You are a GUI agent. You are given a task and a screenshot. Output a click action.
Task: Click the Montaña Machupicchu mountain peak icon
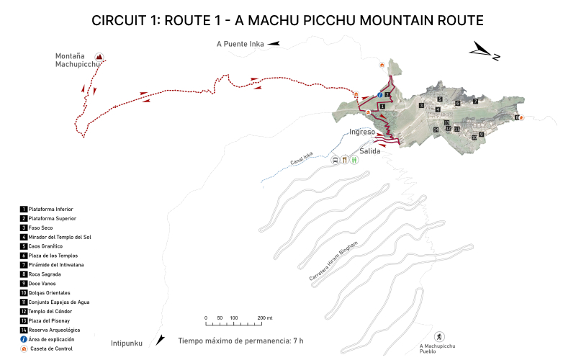(x=99, y=57)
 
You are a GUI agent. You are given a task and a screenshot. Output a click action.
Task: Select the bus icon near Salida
(x=336, y=161)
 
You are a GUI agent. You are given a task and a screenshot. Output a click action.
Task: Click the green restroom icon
(x=355, y=161)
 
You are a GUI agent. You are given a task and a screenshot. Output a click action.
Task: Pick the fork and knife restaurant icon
(x=346, y=161)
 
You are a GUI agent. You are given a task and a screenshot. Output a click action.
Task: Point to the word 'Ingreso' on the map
(x=362, y=132)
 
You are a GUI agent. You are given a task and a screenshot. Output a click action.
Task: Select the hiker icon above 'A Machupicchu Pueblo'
(x=438, y=337)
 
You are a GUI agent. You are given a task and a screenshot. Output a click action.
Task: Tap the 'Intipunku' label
(x=127, y=343)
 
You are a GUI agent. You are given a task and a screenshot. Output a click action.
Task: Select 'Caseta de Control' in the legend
(x=52, y=348)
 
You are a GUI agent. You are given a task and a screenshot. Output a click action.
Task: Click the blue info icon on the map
(x=379, y=95)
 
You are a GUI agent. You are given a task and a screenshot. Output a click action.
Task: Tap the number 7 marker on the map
(x=475, y=102)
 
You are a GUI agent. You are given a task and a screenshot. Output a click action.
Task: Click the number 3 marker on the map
(x=420, y=106)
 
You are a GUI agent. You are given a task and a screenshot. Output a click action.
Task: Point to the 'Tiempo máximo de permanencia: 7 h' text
(x=240, y=341)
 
